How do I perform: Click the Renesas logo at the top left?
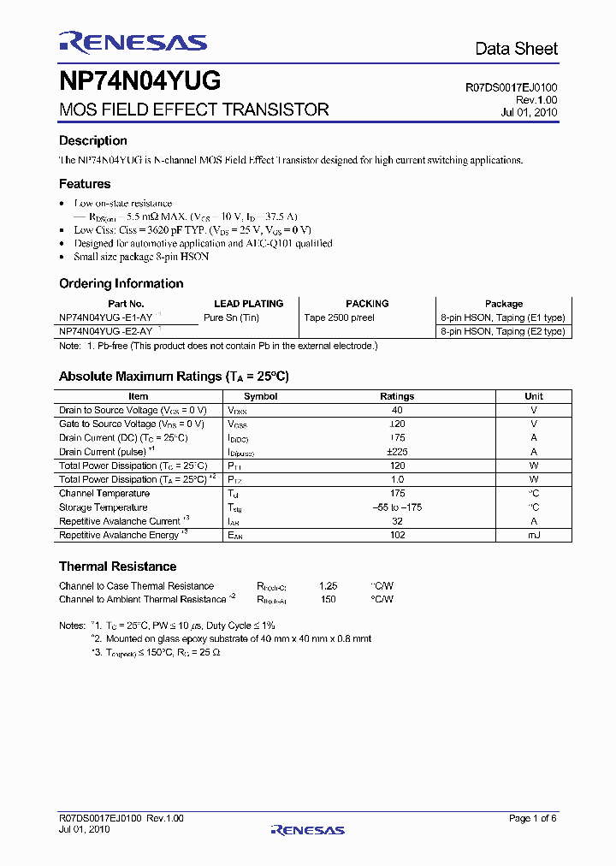(x=133, y=43)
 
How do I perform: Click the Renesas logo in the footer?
(x=307, y=829)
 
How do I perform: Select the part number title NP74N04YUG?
(x=140, y=81)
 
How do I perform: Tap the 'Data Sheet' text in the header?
(x=516, y=49)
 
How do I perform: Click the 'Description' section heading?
(x=92, y=140)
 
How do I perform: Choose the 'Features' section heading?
(x=85, y=183)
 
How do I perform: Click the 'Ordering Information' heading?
(x=121, y=283)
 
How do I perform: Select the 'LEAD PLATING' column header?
(x=248, y=304)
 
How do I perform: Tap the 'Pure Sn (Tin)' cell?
(x=231, y=317)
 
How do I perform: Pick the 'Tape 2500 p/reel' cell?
(x=339, y=317)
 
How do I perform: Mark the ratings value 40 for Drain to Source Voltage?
(x=397, y=410)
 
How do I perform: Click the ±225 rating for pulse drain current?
(x=397, y=452)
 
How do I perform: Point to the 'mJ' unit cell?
(x=533, y=535)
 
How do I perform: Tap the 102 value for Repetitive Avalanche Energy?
(x=397, y=535)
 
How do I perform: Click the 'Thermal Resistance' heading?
(x=117, y=566)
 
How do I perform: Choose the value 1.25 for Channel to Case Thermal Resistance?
(x=328, y=586)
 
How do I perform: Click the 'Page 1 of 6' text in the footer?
(x=532, y=819)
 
